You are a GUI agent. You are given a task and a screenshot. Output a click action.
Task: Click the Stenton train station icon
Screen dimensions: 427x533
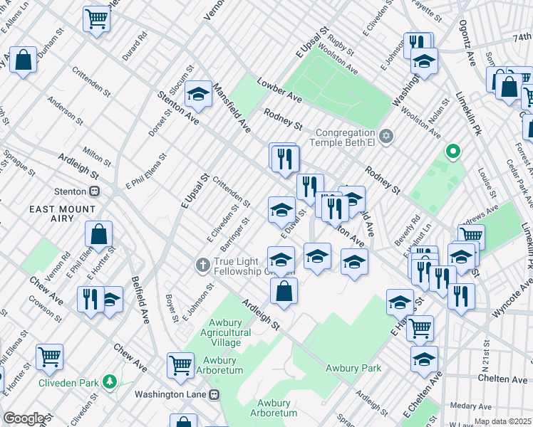coord(93,191)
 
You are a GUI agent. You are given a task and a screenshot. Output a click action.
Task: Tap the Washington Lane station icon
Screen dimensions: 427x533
coord(214,394)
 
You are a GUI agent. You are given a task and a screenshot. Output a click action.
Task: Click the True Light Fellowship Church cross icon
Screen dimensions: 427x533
coord(202,265)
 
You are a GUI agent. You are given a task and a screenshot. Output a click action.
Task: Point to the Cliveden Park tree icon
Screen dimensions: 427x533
coord(110,382)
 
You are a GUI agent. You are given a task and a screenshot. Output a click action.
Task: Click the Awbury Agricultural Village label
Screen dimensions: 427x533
coord(220,332)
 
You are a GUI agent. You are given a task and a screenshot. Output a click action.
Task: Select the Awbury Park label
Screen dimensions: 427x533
coord(353,368)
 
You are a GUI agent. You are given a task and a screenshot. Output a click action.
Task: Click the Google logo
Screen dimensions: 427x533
coord(23,418)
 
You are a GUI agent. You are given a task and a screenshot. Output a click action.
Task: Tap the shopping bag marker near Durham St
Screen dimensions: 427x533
coord(24,60)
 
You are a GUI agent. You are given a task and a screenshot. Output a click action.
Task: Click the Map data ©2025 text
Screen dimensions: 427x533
coord(502,421)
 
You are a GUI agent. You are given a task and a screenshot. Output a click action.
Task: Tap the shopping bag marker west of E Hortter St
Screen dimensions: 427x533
coord(99,233)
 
